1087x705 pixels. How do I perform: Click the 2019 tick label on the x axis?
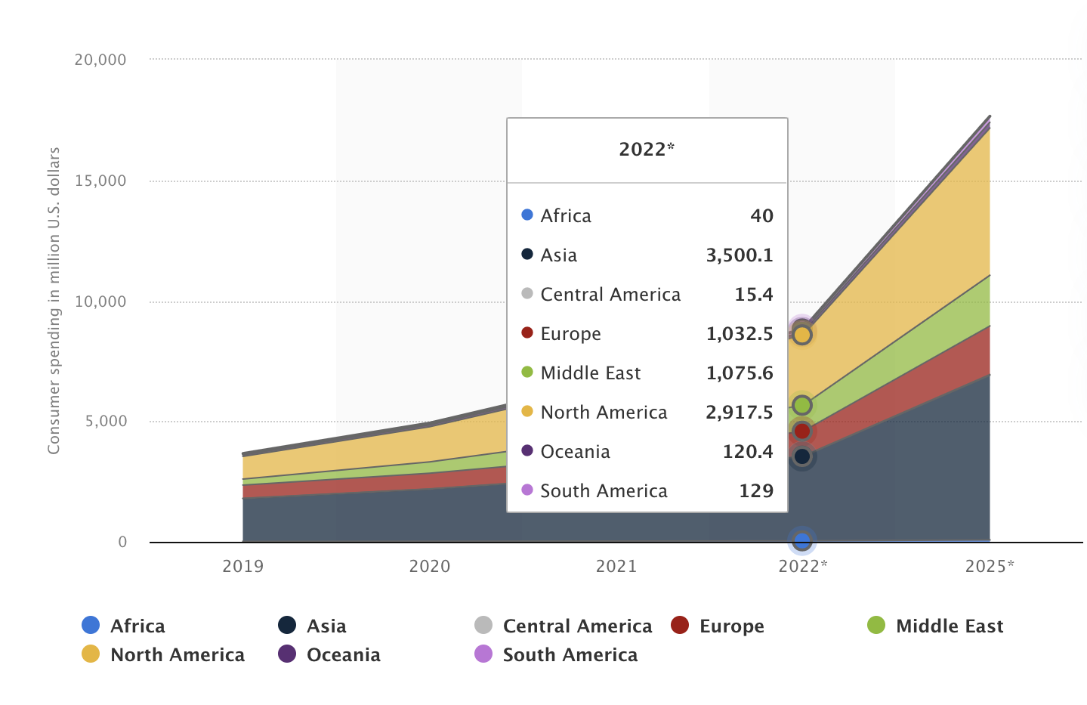pos(242,566)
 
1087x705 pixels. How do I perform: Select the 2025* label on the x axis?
pos(990,566)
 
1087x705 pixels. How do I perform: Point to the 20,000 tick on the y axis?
pos(100,60)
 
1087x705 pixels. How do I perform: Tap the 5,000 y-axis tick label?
pos(106,421)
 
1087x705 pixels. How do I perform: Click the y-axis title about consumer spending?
pos(54,301)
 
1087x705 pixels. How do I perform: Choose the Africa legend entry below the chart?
pos(124,626)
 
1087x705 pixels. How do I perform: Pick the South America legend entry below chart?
pos(556,654)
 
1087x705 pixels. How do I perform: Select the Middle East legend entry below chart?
pos(935,626)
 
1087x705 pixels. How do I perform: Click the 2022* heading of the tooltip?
pos(647,149)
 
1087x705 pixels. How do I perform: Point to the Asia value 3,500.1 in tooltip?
pos(739,255)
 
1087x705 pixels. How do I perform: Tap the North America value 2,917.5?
pos(739,413)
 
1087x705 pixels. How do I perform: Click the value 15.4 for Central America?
pos(753,295)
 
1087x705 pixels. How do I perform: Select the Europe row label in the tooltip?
pos(570,334)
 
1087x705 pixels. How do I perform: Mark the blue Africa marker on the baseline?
pos(802,541)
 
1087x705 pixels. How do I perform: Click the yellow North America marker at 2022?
pos(802,334)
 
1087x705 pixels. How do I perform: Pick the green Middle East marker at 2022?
pos(802,405)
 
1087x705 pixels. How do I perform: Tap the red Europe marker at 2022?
pos(802,431)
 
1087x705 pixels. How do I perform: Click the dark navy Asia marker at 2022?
pos(802,456)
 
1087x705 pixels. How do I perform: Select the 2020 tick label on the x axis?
pos(429,566)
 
